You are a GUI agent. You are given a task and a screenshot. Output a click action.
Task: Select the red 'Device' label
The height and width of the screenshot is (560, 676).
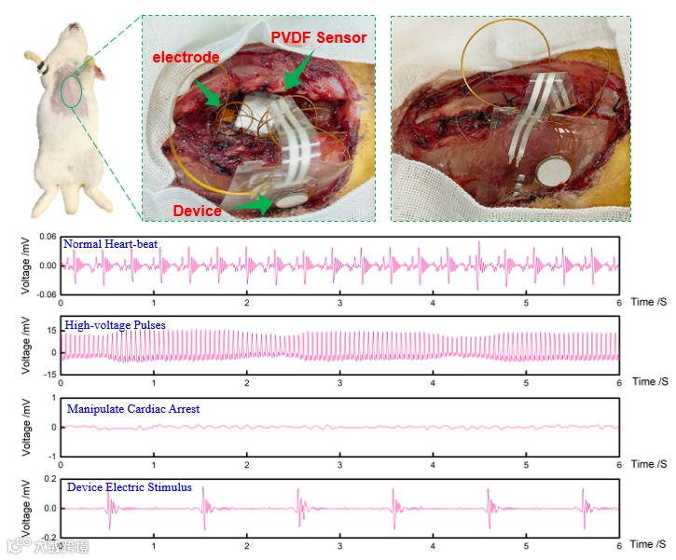pos(197,210)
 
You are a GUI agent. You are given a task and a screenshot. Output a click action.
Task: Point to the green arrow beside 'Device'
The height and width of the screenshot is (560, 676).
pos(249,201)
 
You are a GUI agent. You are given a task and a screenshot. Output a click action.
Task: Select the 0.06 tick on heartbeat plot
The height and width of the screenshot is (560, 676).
pos(47,237)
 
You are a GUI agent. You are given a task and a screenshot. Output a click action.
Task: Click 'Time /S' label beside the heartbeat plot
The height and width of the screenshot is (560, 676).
pos(649,303)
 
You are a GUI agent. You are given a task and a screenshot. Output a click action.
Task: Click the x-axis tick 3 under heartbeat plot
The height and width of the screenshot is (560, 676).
pos(339,304)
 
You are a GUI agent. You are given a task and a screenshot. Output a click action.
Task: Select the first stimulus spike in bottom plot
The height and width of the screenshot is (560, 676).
pos(110,507)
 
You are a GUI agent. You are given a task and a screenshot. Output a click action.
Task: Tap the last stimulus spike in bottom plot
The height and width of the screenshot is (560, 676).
pos(586,507)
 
